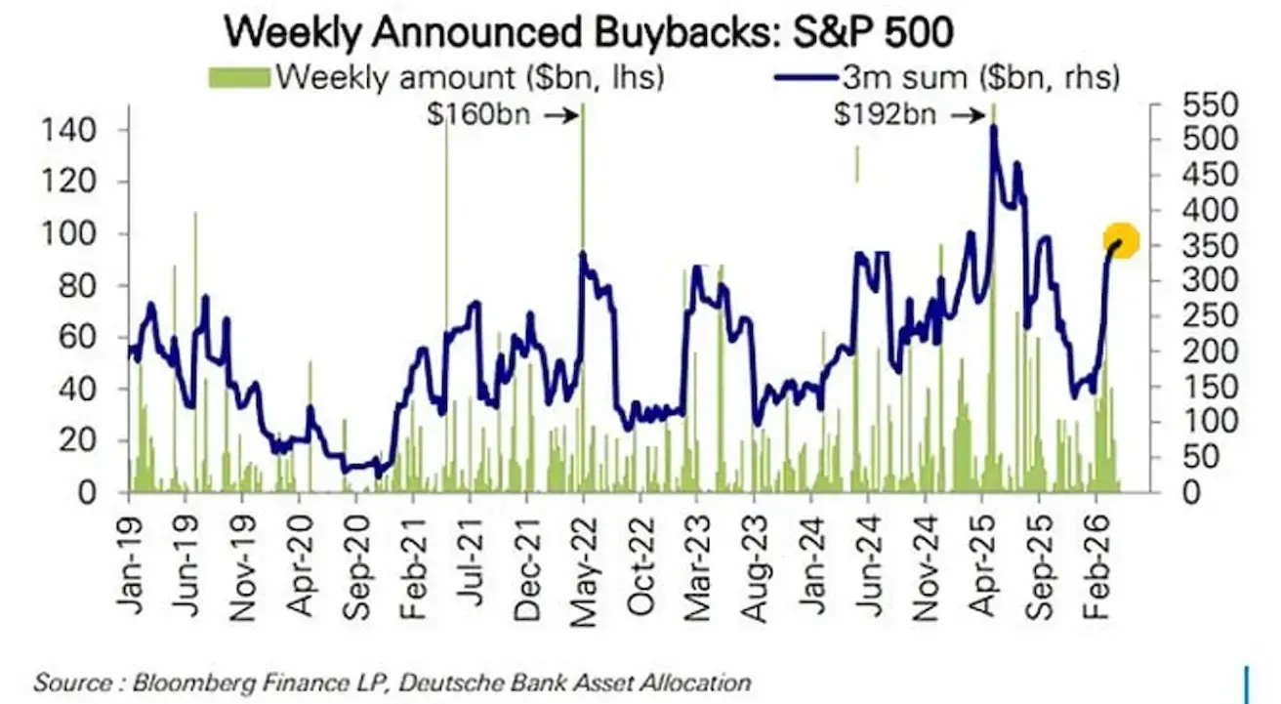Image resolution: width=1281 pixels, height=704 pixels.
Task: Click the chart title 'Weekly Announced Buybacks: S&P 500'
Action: [588, 33]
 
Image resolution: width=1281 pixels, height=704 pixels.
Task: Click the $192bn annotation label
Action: [885, 115]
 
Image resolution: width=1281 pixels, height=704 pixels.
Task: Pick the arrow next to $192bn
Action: [968, 115]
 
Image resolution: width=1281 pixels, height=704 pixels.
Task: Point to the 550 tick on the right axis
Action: [1183, 105]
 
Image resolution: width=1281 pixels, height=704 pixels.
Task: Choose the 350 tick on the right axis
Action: [1183, 246]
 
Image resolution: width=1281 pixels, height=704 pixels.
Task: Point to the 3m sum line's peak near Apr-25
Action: [993, 127]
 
